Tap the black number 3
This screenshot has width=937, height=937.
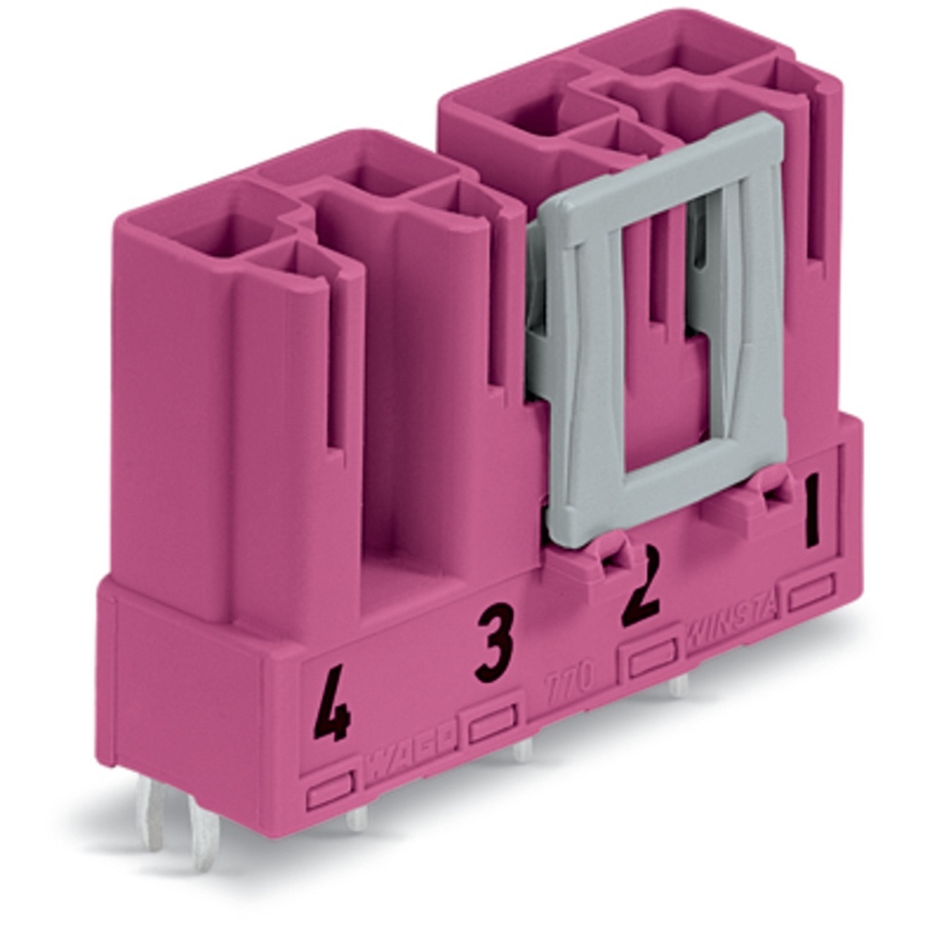coord(494,645)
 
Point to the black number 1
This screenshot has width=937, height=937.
coord(811,510)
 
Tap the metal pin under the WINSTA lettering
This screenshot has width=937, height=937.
coord(677,686)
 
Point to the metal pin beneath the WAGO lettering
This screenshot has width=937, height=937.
coord(357,818)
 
